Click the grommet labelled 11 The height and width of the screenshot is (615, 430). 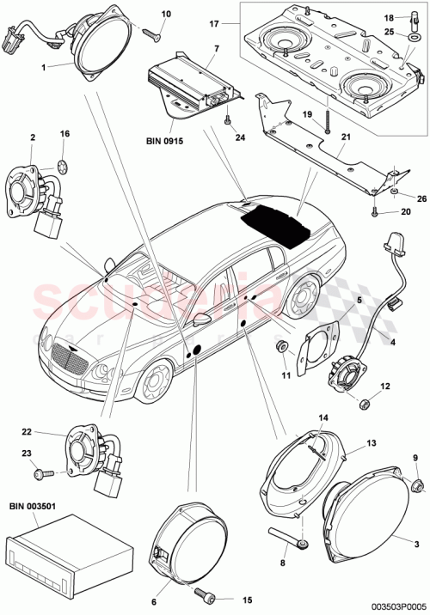coord(280,346)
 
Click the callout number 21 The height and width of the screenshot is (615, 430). coord(347,137)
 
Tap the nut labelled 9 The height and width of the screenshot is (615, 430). coord(416,487)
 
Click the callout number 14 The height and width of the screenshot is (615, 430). coord(323,419)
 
